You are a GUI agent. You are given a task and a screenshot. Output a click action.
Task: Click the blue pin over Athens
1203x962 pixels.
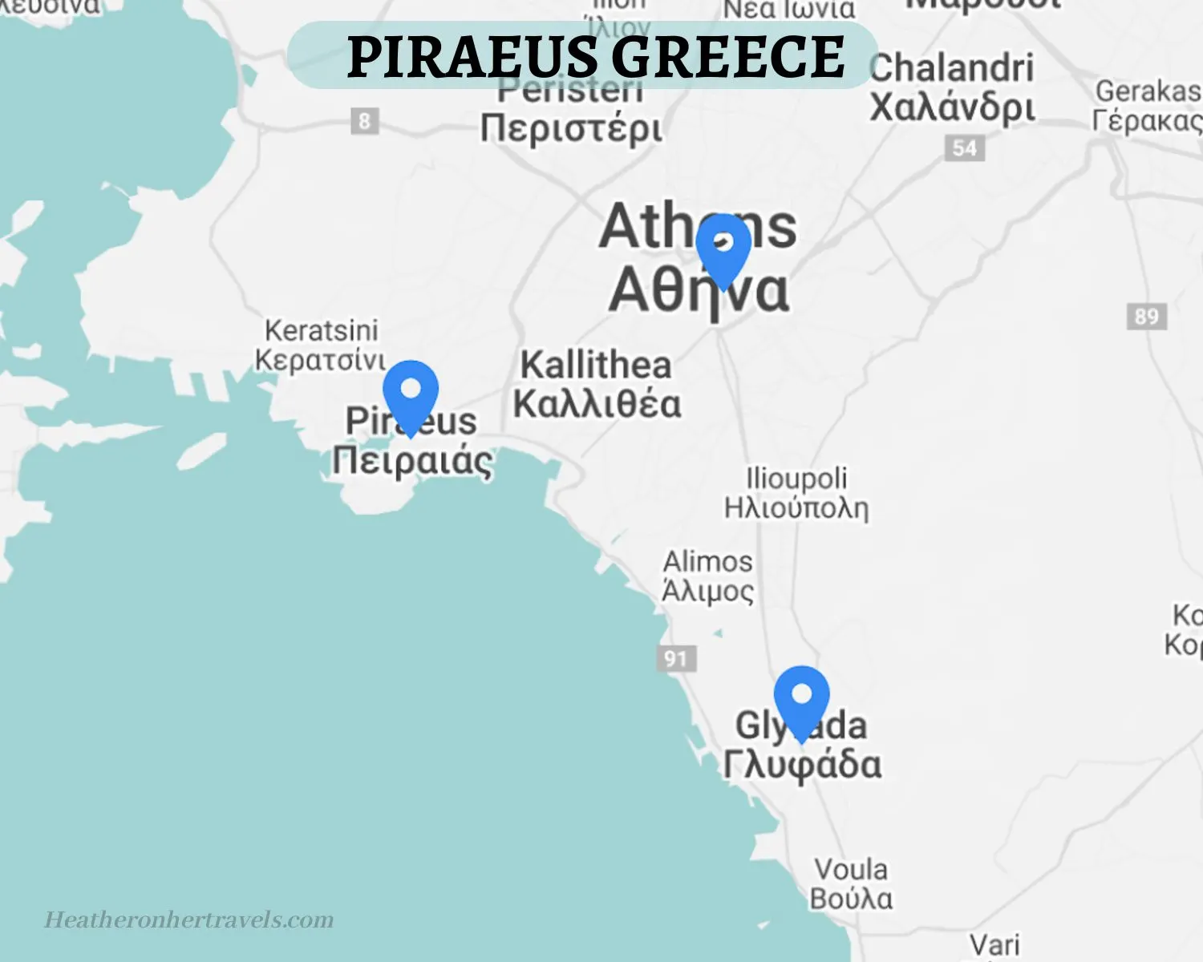pyautogui.click(x=723, y=245)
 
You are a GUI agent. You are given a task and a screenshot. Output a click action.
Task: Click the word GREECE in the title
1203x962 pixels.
pyautogui.click(x=728, y=57)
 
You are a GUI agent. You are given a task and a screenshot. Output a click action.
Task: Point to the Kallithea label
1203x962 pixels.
pyautogui.click(x=596, y=366)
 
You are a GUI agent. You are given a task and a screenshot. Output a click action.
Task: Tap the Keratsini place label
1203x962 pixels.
pyautogui.click(x=321, y=330)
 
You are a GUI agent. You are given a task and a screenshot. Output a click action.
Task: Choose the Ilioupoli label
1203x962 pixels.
pyautogui.click(x=796, y=479)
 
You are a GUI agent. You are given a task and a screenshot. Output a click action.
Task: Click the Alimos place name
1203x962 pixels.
pyautogui.click(x=707, y=561)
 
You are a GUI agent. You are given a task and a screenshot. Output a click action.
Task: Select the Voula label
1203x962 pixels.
pyautogui.click(x=851, y=870)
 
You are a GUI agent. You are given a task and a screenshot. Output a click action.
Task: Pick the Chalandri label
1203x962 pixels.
pyautogui.click(x=951, y=69)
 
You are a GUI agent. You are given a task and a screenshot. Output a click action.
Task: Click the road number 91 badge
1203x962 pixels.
pyautogui.click(x=676, y=659)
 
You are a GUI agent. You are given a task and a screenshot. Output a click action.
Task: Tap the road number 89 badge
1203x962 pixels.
pyautogui.click(x=1146, y=316)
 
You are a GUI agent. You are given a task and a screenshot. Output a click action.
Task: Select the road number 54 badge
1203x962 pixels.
pyautogui.click(x=964, y=148)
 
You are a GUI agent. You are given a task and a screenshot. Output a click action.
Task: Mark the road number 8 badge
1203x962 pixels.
pyautogui.click(x=364, y=122)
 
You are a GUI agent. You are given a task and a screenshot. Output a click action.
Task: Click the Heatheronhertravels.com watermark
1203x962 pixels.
pyautogui.click(x=189, y=920)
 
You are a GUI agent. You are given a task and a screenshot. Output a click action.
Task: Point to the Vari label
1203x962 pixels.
pyautogui.click(x=994, y=944)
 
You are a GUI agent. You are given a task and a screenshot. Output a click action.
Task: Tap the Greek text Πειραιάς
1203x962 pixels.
pyautogui.click(x=412, y=461)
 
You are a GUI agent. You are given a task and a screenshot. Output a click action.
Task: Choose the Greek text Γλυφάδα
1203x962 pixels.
pyautogui.click(x=802, y=764)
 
